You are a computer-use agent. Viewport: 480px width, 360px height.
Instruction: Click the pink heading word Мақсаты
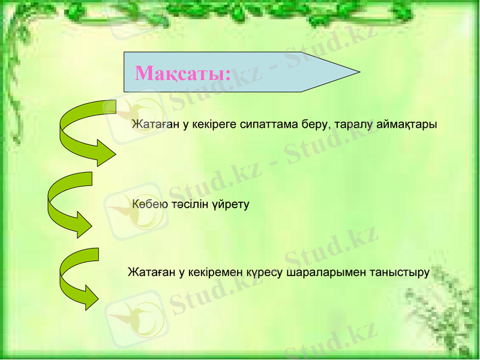point(182,73)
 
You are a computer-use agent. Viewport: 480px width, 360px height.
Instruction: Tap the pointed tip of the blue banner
point(358,72)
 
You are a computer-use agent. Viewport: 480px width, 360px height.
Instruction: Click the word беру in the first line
point(316,125)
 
